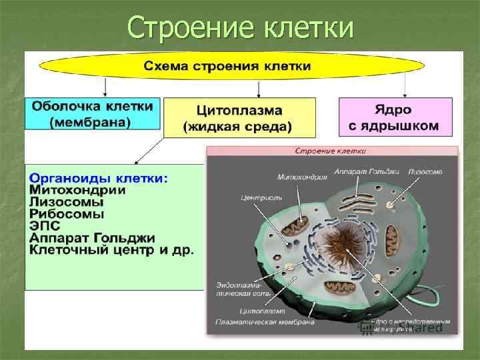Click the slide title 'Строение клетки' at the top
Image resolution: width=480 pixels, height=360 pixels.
click(x=240, y=28)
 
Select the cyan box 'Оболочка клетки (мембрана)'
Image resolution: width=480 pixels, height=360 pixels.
click(x=92, y=114)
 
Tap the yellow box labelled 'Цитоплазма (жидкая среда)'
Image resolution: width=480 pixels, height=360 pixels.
click(x=239, y=118)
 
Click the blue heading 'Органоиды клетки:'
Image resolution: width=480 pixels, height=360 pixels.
click(x=99, y=179)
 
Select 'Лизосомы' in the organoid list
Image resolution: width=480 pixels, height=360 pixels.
click(x=67, y=203)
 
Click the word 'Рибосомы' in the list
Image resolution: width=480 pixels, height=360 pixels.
click(x=67, y=215)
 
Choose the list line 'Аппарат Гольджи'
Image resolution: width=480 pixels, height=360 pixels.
click(x=92, y=238)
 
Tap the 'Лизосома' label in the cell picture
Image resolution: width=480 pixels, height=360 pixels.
click(x=425, y=172)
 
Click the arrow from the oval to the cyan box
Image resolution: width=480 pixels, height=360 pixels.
click(x=105, y=87)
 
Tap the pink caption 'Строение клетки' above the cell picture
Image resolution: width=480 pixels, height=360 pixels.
click(x=331, y=151)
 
